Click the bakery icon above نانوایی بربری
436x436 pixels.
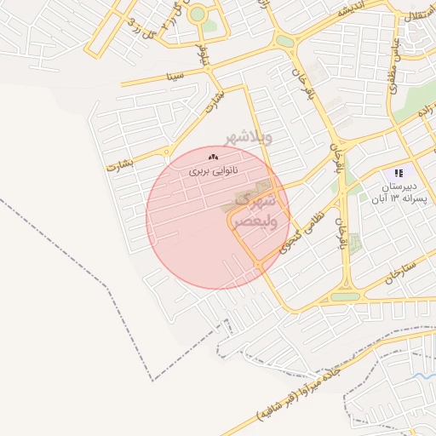[x=213, y=157]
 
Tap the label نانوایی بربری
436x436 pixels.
[x=213, y=171]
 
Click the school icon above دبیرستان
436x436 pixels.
[x=399, y=173]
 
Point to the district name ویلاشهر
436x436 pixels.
[x=249, y=136]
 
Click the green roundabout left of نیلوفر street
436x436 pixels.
[x=198, y=14]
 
